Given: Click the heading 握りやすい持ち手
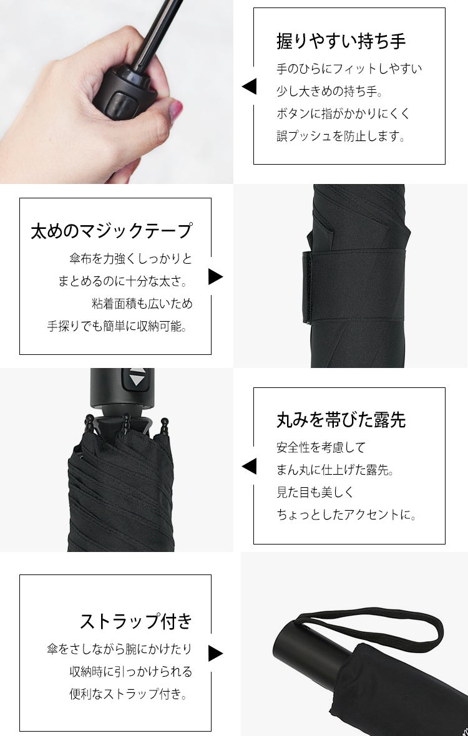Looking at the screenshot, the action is [341, 41].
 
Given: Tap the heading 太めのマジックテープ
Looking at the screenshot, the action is [112, 231].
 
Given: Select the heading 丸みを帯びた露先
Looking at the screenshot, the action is [341, 420].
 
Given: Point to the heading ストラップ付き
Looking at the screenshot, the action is [136, 621].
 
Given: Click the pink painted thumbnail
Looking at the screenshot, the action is [175, 111].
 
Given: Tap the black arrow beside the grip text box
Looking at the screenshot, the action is [249, 86].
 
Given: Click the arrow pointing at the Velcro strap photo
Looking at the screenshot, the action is [215, 276].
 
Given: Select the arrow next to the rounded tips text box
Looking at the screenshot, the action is [249, 467].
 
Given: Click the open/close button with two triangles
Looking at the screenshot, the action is [137, 378].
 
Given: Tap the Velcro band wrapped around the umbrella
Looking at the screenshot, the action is [354, 286].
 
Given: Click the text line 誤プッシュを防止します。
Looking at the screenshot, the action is [341, 137].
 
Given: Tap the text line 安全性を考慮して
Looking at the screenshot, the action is [321, 447].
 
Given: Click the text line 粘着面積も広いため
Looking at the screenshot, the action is [142, 304].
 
